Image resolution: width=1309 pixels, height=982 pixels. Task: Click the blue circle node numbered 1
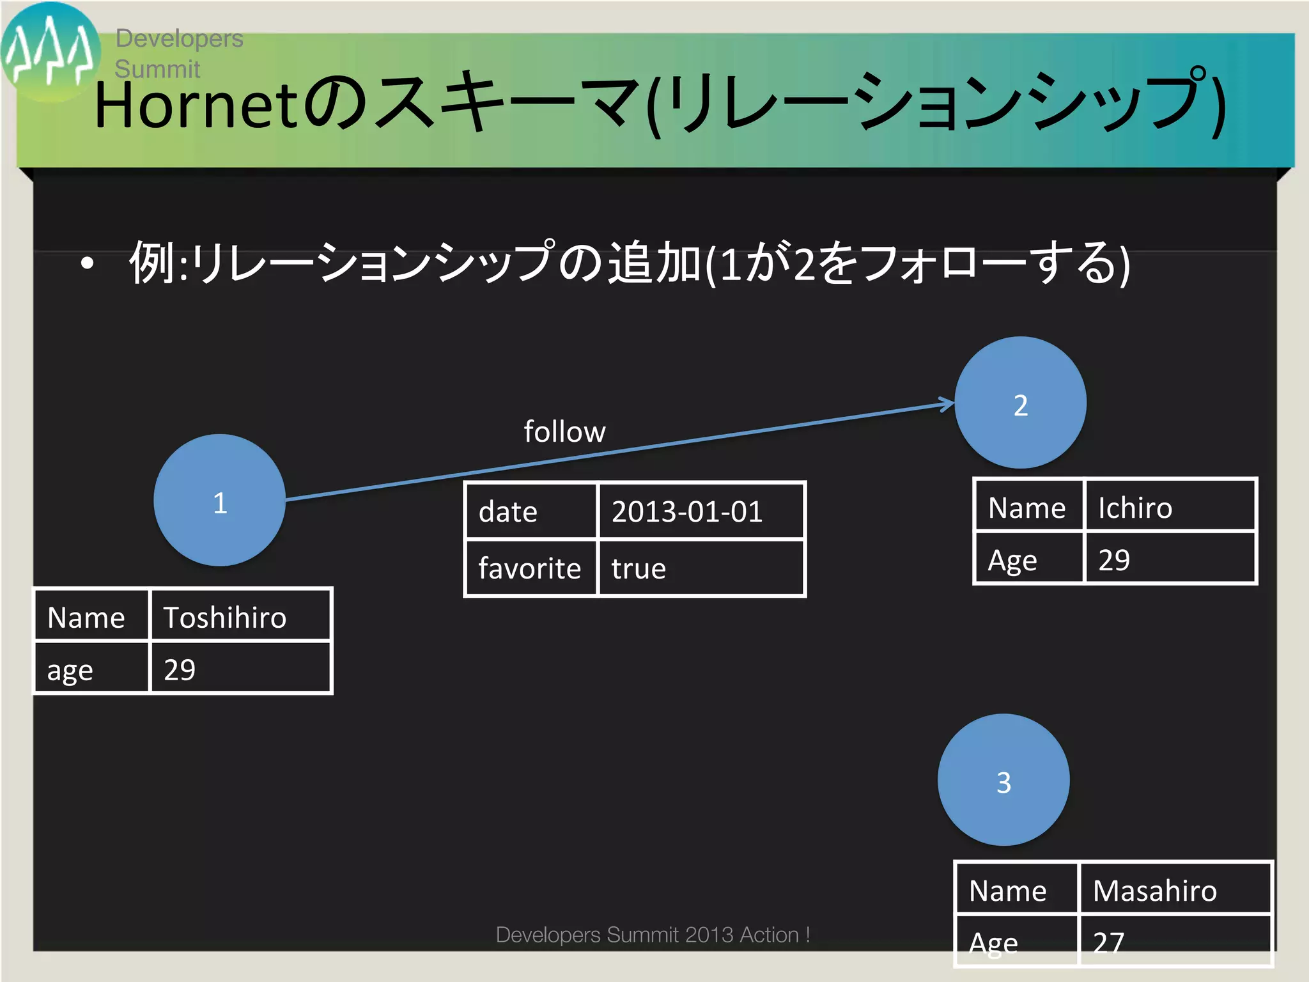219,500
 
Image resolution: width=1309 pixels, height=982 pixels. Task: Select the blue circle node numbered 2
1020,403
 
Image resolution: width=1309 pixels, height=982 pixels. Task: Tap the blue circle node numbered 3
1003,780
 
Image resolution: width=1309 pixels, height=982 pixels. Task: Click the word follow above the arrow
564,432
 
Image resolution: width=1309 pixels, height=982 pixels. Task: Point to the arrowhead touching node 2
947,404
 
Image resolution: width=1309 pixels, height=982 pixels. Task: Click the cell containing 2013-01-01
700,511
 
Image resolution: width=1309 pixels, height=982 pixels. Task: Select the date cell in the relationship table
531,511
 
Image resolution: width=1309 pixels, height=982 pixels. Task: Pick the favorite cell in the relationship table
531,568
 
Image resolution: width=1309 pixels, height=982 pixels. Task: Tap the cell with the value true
700,568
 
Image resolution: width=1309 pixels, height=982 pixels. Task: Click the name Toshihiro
225,618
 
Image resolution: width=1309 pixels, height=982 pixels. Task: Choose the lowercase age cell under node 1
91,669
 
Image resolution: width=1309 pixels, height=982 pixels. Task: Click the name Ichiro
1135,508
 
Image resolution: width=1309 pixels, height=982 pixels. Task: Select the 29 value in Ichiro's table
1114,560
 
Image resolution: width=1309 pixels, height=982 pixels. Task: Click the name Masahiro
1154,891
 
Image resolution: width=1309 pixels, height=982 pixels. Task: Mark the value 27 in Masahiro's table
1108,942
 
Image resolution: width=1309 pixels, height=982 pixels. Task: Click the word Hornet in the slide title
195,105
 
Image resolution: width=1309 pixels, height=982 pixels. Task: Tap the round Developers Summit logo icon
50,52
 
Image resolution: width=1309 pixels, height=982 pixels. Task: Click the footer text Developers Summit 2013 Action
652,935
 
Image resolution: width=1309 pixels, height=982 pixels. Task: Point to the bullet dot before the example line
88,262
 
